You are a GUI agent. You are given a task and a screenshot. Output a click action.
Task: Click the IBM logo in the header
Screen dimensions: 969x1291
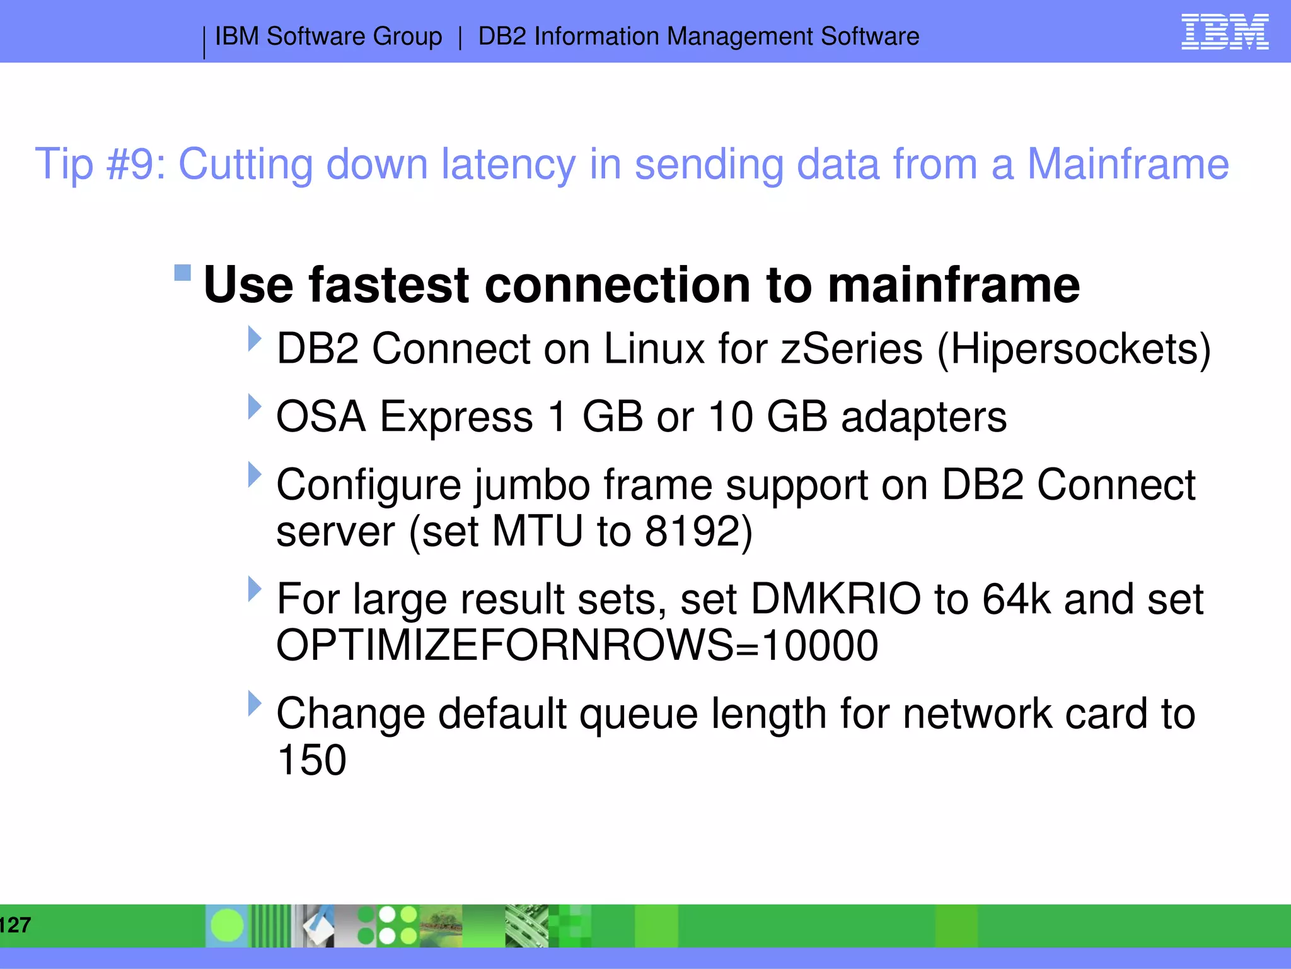[1224, 32]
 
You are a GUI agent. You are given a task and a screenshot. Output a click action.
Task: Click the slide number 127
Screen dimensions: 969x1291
[15, 925]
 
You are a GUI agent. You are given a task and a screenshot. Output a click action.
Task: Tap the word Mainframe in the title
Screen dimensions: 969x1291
[1128, 164]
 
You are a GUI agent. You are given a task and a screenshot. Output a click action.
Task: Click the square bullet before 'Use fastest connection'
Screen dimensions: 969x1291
[182, 273]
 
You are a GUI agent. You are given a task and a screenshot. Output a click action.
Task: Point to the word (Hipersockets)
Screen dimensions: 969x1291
[1074, 349]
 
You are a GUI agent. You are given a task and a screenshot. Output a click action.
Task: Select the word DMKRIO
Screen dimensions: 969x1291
[836, 599]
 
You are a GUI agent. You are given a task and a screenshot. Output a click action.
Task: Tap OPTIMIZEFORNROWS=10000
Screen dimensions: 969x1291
[577, 645]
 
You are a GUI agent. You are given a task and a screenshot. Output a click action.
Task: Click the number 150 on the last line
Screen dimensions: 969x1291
[311, 760]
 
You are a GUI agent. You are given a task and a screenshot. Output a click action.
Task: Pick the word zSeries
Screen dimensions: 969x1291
[851, 349]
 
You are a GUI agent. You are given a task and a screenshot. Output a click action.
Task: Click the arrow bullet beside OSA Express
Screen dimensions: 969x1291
[254, 407]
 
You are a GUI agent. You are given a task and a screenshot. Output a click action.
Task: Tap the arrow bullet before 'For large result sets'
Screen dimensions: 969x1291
[254, 589]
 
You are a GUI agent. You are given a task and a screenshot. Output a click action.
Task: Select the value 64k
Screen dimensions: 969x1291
[1016, 599]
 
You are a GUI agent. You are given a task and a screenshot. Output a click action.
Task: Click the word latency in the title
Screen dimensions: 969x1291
[508, 164]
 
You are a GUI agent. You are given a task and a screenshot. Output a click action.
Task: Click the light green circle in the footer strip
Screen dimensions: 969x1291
[227, 925]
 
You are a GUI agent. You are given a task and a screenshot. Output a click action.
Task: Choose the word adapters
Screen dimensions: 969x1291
[923, 417]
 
